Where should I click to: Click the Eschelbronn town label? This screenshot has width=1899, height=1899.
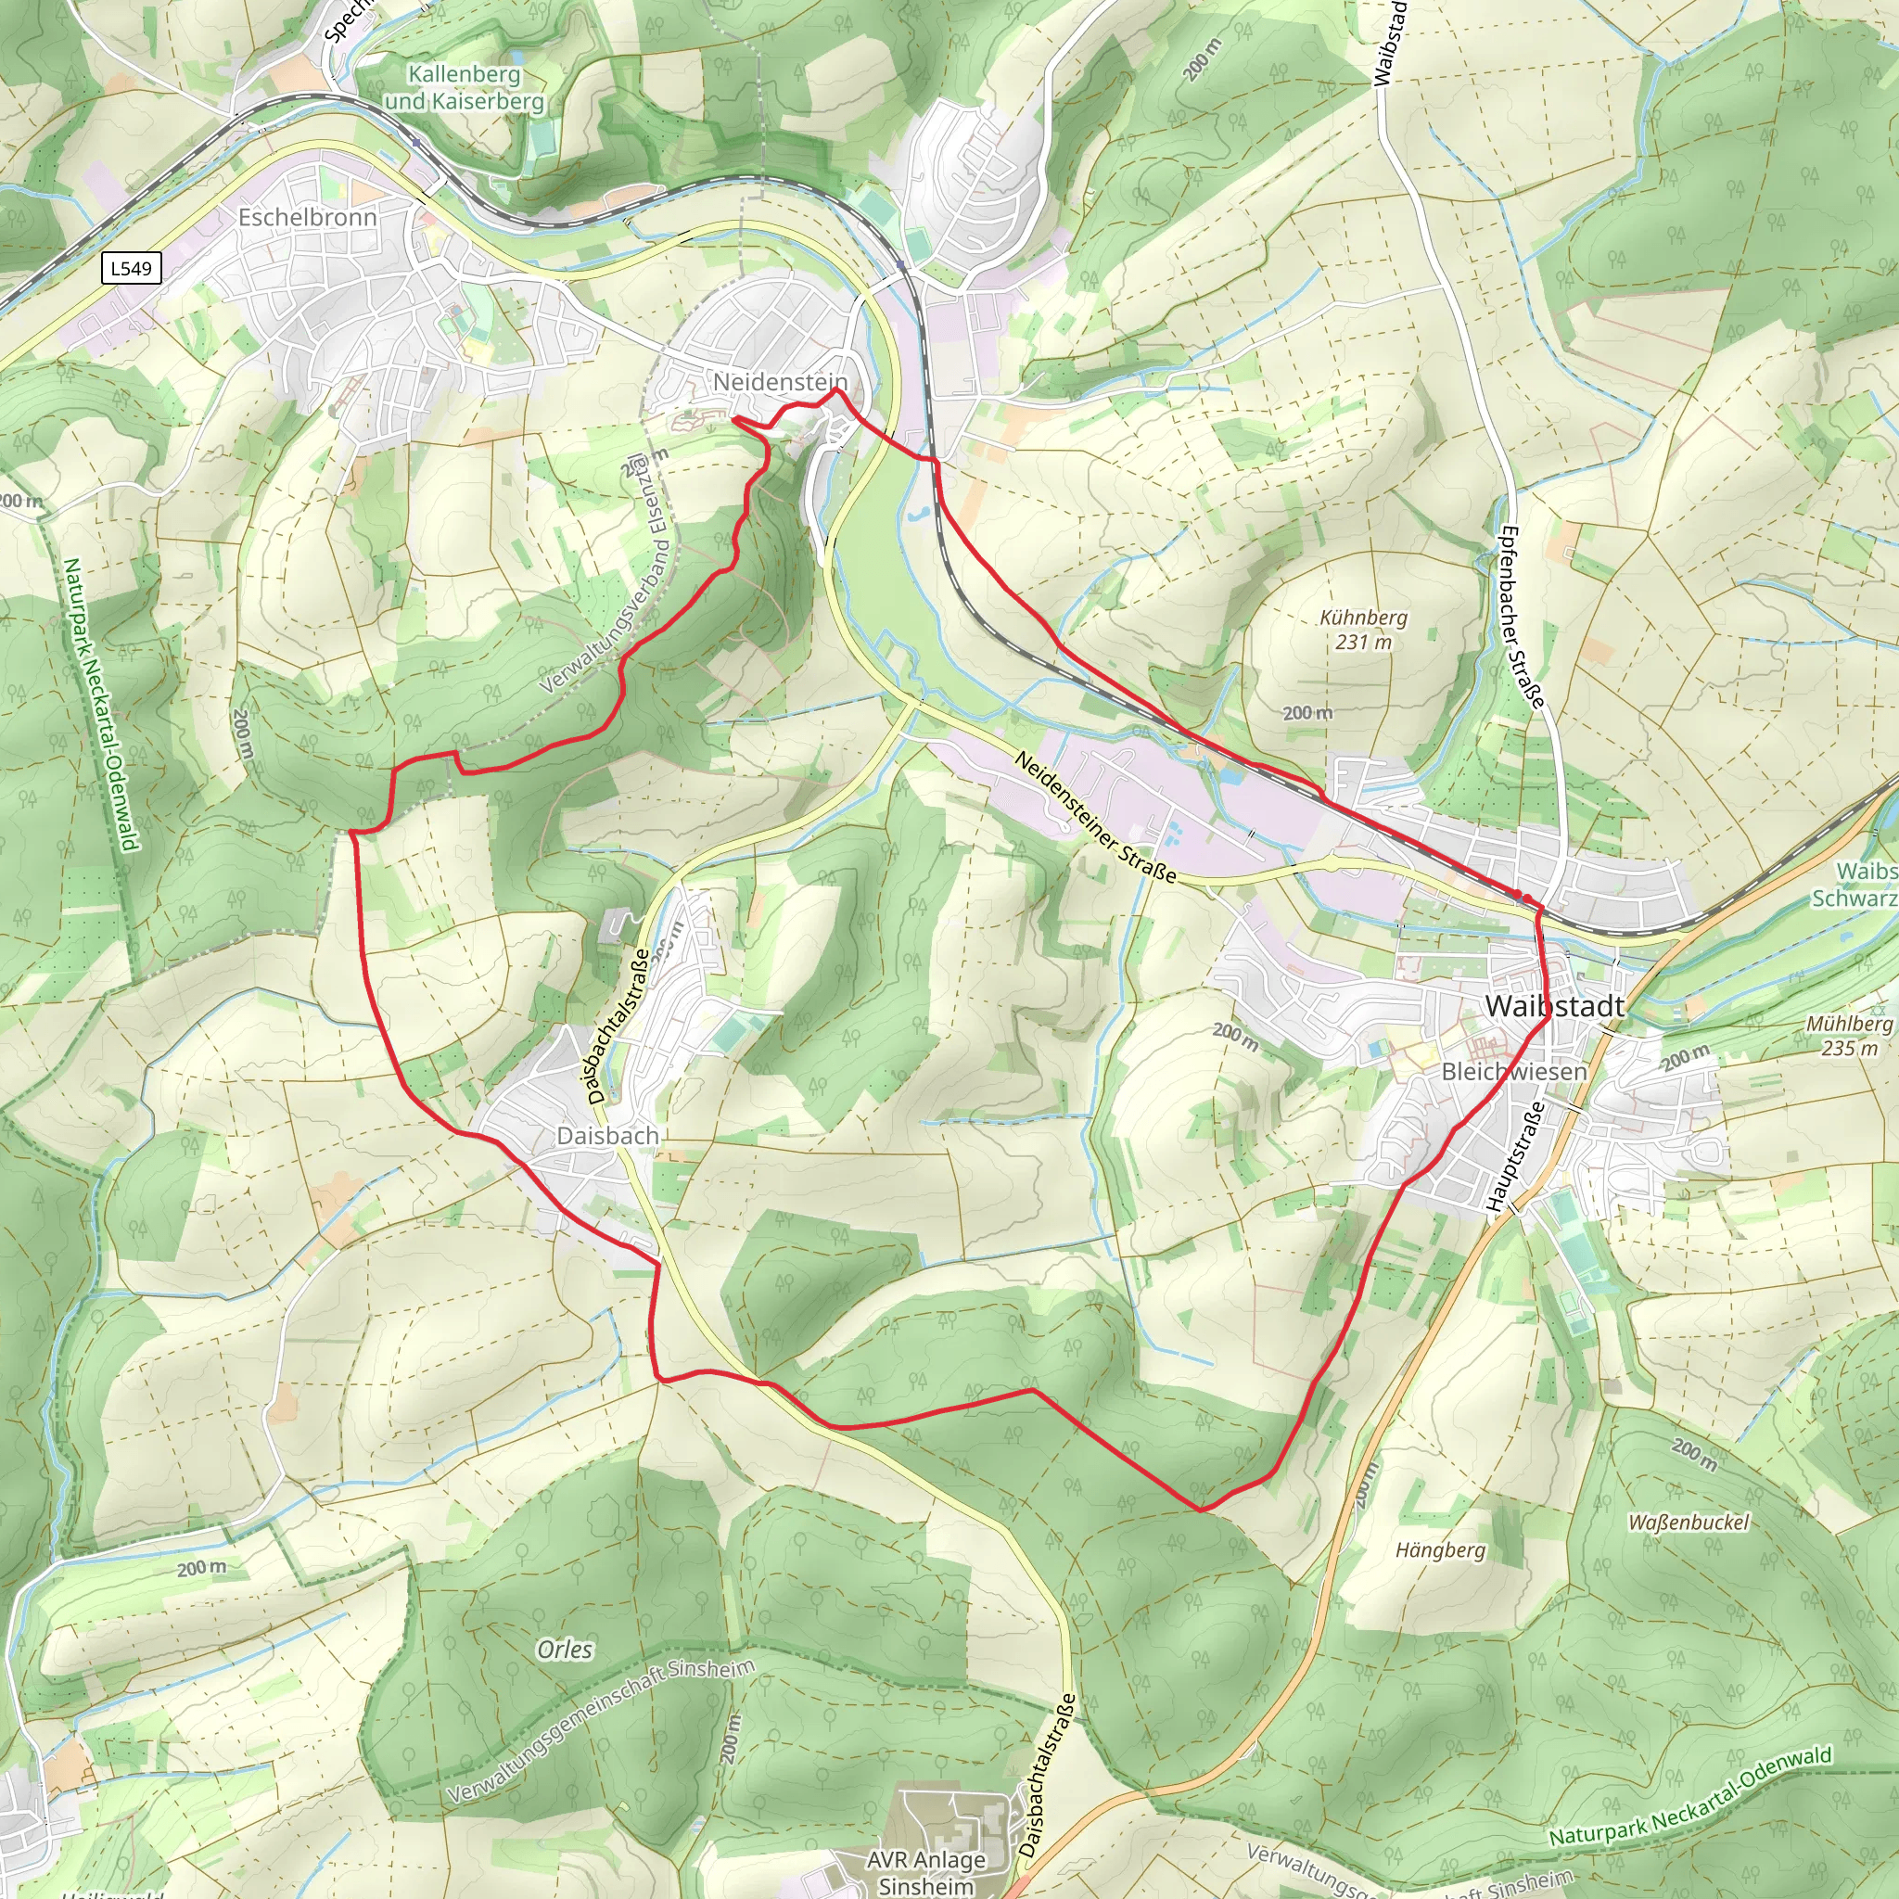pyautogui.click(x=308, y=217)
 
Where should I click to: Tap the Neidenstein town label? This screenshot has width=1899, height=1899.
pyautogui.click(x=780, y=381)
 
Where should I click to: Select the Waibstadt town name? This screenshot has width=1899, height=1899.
pyautogui.click(x=1555, y=1005)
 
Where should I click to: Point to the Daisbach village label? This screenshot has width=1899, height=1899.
pyautogui.click(x=607, y=1135)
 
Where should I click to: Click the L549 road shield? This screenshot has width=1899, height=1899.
pyautogui.click(x=132, y=268)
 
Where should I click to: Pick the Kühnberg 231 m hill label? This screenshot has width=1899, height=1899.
pyautogui.click(x=1363, y=629)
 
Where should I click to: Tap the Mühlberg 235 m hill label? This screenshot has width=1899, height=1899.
pyautogui.click(x=1849, y=1036)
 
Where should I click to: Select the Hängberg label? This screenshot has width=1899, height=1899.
pyautogui.click(x=1440, y=1550)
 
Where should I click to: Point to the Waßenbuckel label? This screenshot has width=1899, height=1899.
pyautogui.click(x=1689, y=1523)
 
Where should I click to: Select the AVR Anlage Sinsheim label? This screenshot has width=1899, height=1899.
pyautogui.click(x=926, y=1872)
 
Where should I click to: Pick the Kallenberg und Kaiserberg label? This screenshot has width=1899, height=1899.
pyautogui.click(x=464, y=87)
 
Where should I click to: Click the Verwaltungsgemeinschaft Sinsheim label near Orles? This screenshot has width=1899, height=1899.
pyautogui.click(x=601, y=1730)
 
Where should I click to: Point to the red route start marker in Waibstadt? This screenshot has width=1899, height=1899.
pyautogui.click(x=1520, y=896)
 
